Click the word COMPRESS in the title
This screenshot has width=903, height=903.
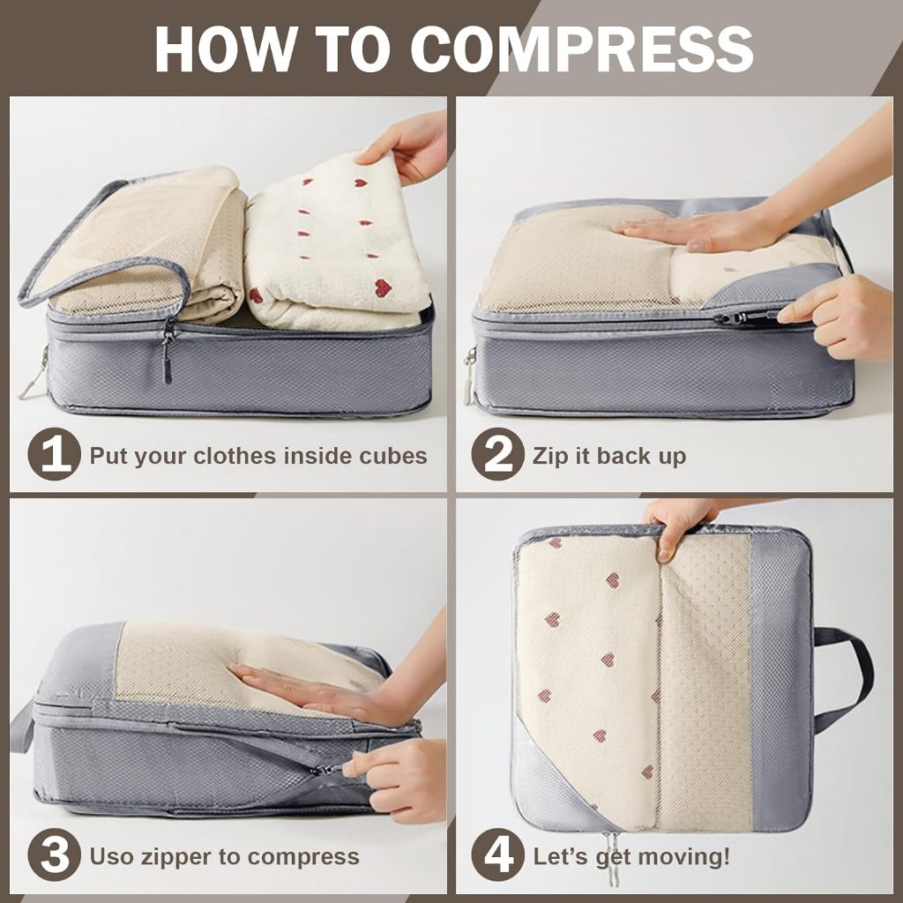point(582,49)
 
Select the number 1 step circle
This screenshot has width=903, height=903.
point(54,454)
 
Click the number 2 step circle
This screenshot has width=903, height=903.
point(497,454)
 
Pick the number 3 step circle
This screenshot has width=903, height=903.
point(54,854)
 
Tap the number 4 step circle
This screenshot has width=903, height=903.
point(497,854)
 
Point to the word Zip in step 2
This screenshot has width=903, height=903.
point(550,456)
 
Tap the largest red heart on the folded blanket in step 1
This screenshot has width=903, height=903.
point(383,287)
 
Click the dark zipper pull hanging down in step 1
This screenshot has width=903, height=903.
point(168,354)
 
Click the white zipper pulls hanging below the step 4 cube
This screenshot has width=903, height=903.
point(612,857)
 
